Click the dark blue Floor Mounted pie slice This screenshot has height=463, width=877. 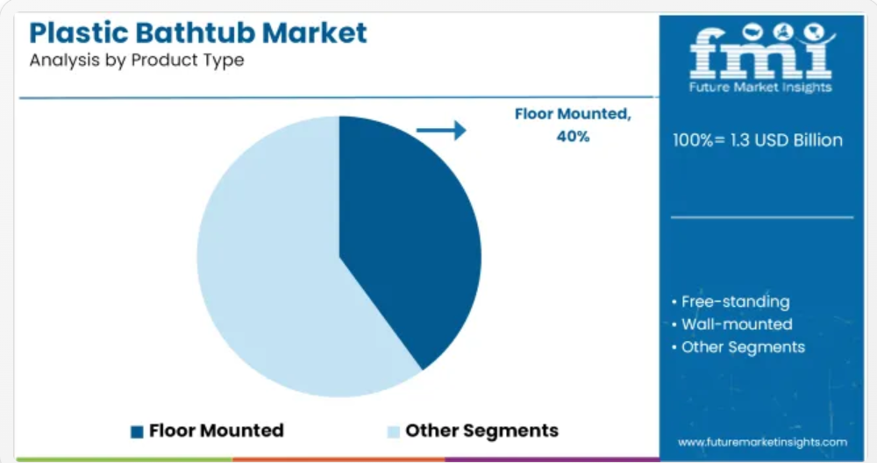403,235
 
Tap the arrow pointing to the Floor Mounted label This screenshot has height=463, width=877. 441,131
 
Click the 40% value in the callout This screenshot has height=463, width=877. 573,137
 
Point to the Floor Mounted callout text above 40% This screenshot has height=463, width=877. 573,114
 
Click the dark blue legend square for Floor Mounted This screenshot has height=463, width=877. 137,431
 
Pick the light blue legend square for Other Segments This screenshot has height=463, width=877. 394,431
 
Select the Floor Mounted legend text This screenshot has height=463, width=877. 217,431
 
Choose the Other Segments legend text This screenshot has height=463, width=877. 481,431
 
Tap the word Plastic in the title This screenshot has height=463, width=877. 79,32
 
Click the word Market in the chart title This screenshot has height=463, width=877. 315,32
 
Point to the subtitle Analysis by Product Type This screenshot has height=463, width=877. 137,60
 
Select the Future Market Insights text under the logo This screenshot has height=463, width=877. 760,87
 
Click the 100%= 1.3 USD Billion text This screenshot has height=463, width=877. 758,139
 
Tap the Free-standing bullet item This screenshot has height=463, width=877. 731,302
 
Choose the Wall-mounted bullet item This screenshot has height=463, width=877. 731,324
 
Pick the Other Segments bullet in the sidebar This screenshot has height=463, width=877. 738,347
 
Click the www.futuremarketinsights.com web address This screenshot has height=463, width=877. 762,442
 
